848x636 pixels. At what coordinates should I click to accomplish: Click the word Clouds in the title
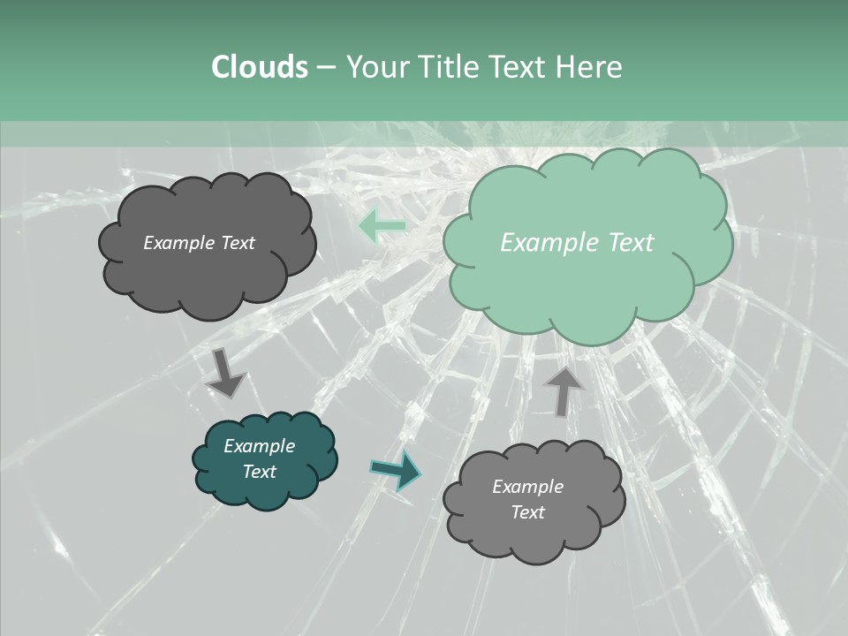(259, 67)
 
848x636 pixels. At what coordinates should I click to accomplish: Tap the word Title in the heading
(450, 67)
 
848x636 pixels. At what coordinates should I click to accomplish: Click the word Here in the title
(590, 67)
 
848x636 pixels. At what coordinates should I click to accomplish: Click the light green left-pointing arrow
(382, 227)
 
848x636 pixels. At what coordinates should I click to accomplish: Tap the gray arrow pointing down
(225, 372)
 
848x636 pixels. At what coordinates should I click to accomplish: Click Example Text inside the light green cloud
(577, 243)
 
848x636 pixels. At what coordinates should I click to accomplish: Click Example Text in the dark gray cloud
(199, 243)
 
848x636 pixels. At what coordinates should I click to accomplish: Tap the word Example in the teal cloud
(259, 446)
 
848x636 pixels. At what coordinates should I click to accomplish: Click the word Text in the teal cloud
(259, 472)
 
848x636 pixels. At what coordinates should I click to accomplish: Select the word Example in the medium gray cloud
(527, 487)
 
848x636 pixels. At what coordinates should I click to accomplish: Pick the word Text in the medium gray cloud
(527, 512)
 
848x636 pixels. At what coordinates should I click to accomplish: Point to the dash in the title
(325, 68)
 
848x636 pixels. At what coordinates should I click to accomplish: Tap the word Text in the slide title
(521, 67)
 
